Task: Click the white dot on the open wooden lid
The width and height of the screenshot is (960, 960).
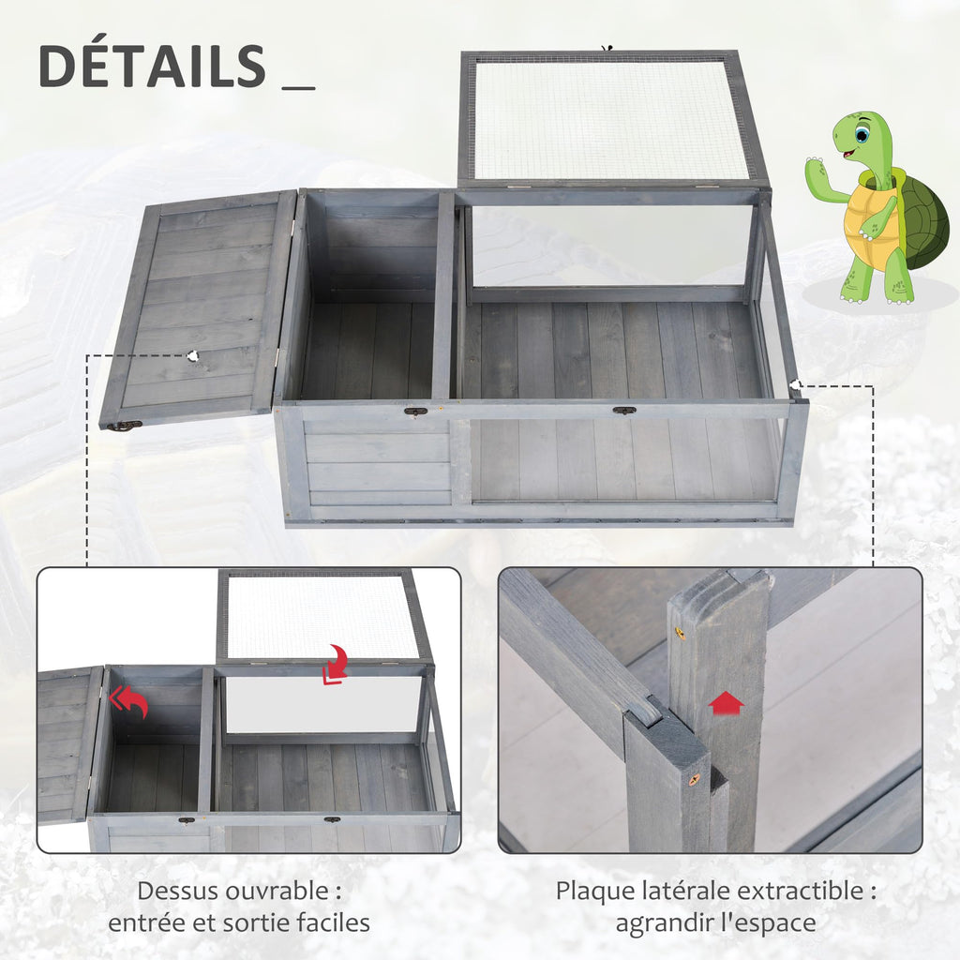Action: tap(193, 355)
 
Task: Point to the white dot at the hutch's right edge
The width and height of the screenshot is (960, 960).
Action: tap(795, 384)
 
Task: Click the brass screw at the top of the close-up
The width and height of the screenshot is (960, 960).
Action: tap(680, 634)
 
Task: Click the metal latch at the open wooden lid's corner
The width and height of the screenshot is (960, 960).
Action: tap(124, 426)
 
